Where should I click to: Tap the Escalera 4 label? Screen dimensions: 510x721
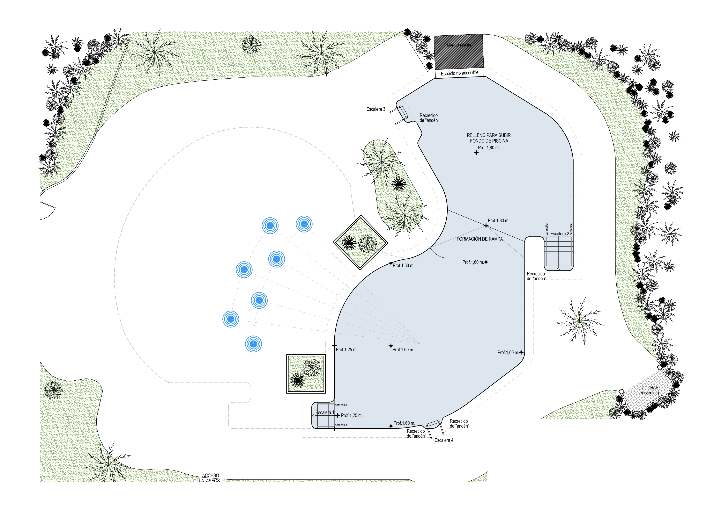point(444,440)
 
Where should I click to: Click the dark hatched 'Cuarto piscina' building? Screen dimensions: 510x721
point(459,51)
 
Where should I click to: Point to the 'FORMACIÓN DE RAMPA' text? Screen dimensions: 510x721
point(480,239)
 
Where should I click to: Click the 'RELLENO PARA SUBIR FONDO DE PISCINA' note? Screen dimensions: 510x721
point(489,138)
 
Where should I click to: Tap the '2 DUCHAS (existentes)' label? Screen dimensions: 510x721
point(648,390)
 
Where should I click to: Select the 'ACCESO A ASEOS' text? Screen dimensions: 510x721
point(210,478)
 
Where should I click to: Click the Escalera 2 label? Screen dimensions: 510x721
point(559,234)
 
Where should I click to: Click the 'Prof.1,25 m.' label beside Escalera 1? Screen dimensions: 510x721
point(352,415)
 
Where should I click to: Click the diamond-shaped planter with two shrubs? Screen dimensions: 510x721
point(360,242)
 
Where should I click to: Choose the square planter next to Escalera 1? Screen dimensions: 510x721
point(306,374)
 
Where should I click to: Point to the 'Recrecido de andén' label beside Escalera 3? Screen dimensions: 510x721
point(429,118)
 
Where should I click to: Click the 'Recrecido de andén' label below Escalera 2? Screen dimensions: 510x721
point(536,276)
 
